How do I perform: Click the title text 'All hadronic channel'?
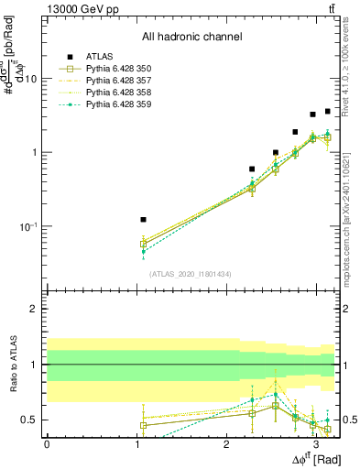[191, 38]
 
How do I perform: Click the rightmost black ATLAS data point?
[327, 111]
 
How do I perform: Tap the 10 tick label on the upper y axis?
[30, 79]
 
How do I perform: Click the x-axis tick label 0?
[47, 443]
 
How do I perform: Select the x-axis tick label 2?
[226, 443]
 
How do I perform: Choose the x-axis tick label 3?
[315, 443]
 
